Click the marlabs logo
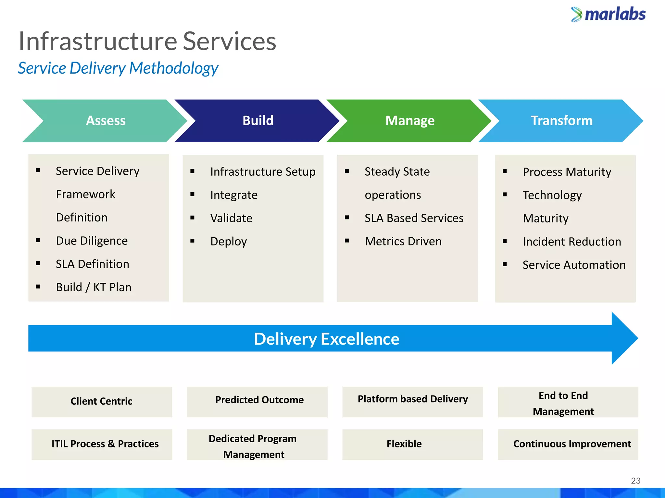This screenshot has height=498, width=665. pos(608,15)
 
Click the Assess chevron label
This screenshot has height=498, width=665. pos(106,121)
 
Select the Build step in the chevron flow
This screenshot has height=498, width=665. pos(258,121)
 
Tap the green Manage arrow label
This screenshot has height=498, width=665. pos(410,121)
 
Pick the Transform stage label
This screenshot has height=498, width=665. pos(561,121)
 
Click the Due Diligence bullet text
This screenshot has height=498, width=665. pos(92,241)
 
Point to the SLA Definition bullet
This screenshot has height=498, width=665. pos(92,264)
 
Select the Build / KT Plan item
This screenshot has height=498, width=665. pos(94,287)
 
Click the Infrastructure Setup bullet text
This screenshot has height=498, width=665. pos(263,172)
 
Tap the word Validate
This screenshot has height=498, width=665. pos(231,218)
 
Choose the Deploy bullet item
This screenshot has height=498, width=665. pos(229,242)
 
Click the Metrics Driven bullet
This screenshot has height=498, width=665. pos(403,242)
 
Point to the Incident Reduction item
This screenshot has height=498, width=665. pos(572,242)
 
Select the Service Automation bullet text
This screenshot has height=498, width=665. pos(574,265)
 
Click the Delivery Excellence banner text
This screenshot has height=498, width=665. pos(326,339)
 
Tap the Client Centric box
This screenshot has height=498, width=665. pos(102,401)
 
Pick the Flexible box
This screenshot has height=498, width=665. pos(404,444)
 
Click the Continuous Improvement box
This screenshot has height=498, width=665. pos(572,444)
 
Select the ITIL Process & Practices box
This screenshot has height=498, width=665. pos(105,444)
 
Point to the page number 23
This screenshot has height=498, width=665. pos(635,480)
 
